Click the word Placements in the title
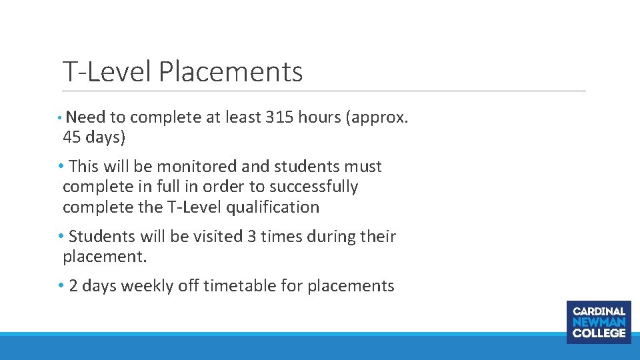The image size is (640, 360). click(231, 72)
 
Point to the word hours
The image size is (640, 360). click(319, 117)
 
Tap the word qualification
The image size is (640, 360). click(273, 207)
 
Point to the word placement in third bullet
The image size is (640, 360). click(102, 257)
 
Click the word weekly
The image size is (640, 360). click(147, 286)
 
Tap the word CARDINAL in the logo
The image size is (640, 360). click(599, 311)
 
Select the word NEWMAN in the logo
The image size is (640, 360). click(599, 322)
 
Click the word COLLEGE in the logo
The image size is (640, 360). click(599, 333)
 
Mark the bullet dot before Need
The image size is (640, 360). click(60, 117)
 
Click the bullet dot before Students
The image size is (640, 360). click(61, 237)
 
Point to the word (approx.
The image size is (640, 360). click(381, 117)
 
